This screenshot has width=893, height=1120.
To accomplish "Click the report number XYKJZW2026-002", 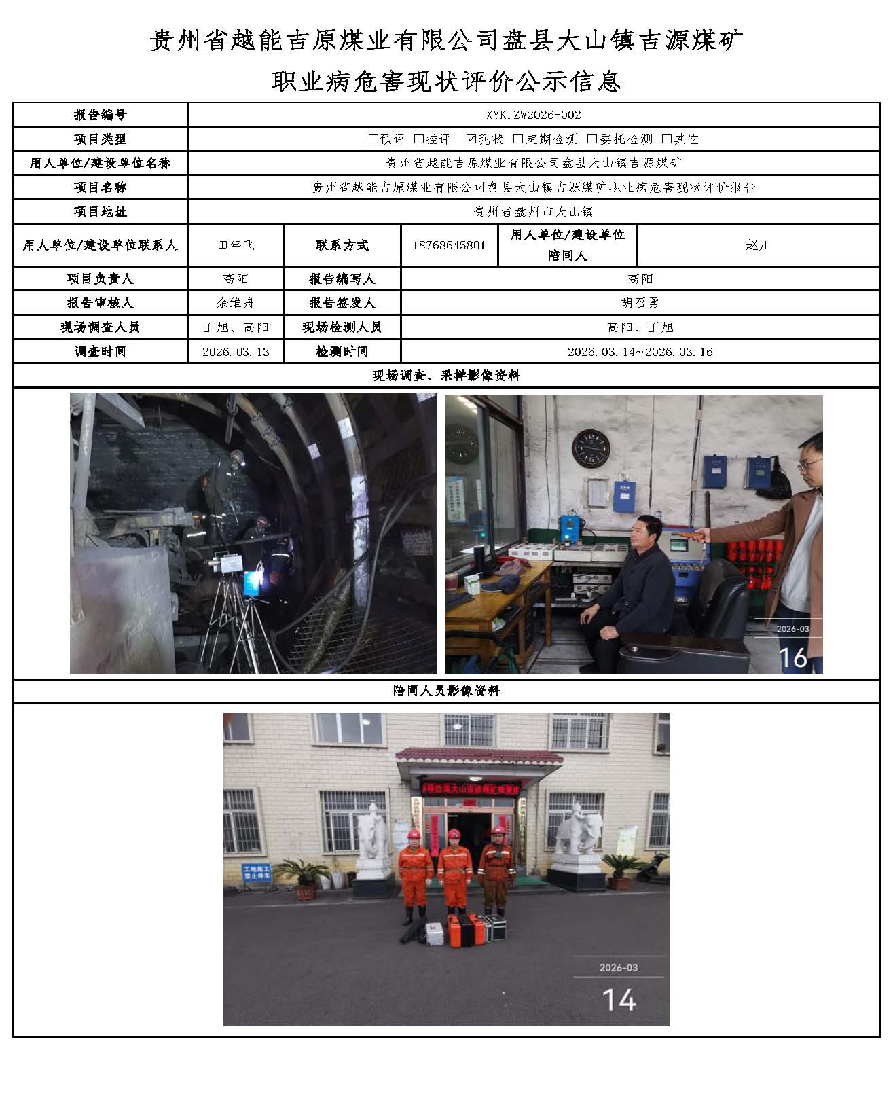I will point(534,115).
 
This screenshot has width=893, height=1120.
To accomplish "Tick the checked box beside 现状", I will point(471,139).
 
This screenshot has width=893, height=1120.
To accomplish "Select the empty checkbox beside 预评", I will point(373,139).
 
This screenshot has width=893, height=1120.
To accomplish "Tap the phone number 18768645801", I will point(449,245).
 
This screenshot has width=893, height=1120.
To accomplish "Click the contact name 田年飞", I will point(236,245).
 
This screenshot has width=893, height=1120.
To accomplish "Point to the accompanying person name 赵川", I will point(758,245).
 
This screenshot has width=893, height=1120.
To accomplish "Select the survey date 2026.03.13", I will point(236,352).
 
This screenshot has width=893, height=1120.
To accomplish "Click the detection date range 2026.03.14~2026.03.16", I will point(640,352).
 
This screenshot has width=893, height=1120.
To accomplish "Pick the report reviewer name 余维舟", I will point(236,303).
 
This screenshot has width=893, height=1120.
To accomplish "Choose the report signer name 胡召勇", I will point(640,303).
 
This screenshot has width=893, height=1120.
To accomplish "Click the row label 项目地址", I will point(100,212).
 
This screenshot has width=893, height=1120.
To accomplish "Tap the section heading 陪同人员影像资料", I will point(446,691).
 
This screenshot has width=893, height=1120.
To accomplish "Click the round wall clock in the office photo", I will point(591,449).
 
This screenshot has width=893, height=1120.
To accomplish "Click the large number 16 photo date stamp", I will point(792,657).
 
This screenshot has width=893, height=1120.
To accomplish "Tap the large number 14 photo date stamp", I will point(619,1000).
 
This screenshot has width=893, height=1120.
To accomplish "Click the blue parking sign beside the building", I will point(257,873).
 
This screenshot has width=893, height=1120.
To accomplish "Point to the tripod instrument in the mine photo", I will point(231,598).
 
